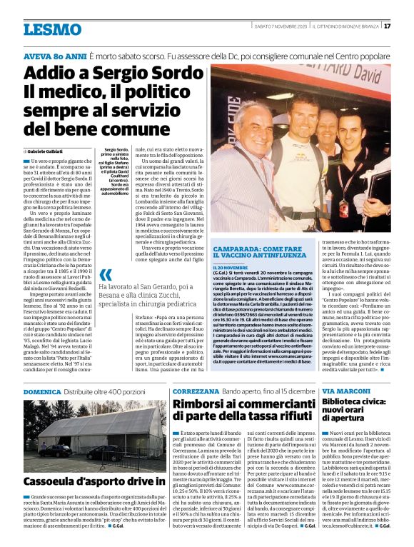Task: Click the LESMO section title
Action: click(x=51, y=29)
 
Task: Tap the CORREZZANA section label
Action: click(x=201, y=393)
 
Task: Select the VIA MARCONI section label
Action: click(x=345, y=393)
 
